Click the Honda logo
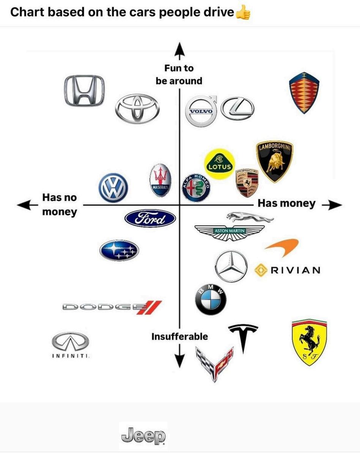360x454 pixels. (84, 90)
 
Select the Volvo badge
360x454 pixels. (201, 111)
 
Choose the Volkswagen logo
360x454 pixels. (113, 188)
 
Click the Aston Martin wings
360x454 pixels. (230, 232)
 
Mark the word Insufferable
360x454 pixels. (179, 336)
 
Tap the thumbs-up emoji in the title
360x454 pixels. (243, 13)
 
